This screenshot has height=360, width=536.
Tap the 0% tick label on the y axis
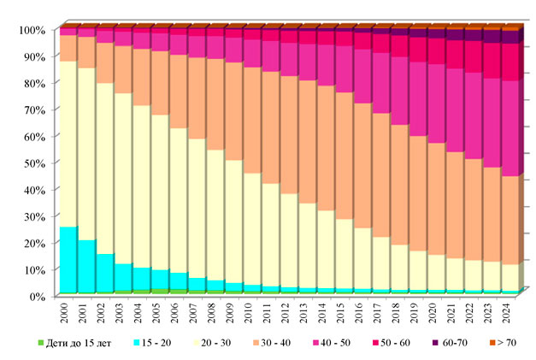[x=32, y=296]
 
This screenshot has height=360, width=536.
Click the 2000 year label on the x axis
[x=64, y=310]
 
